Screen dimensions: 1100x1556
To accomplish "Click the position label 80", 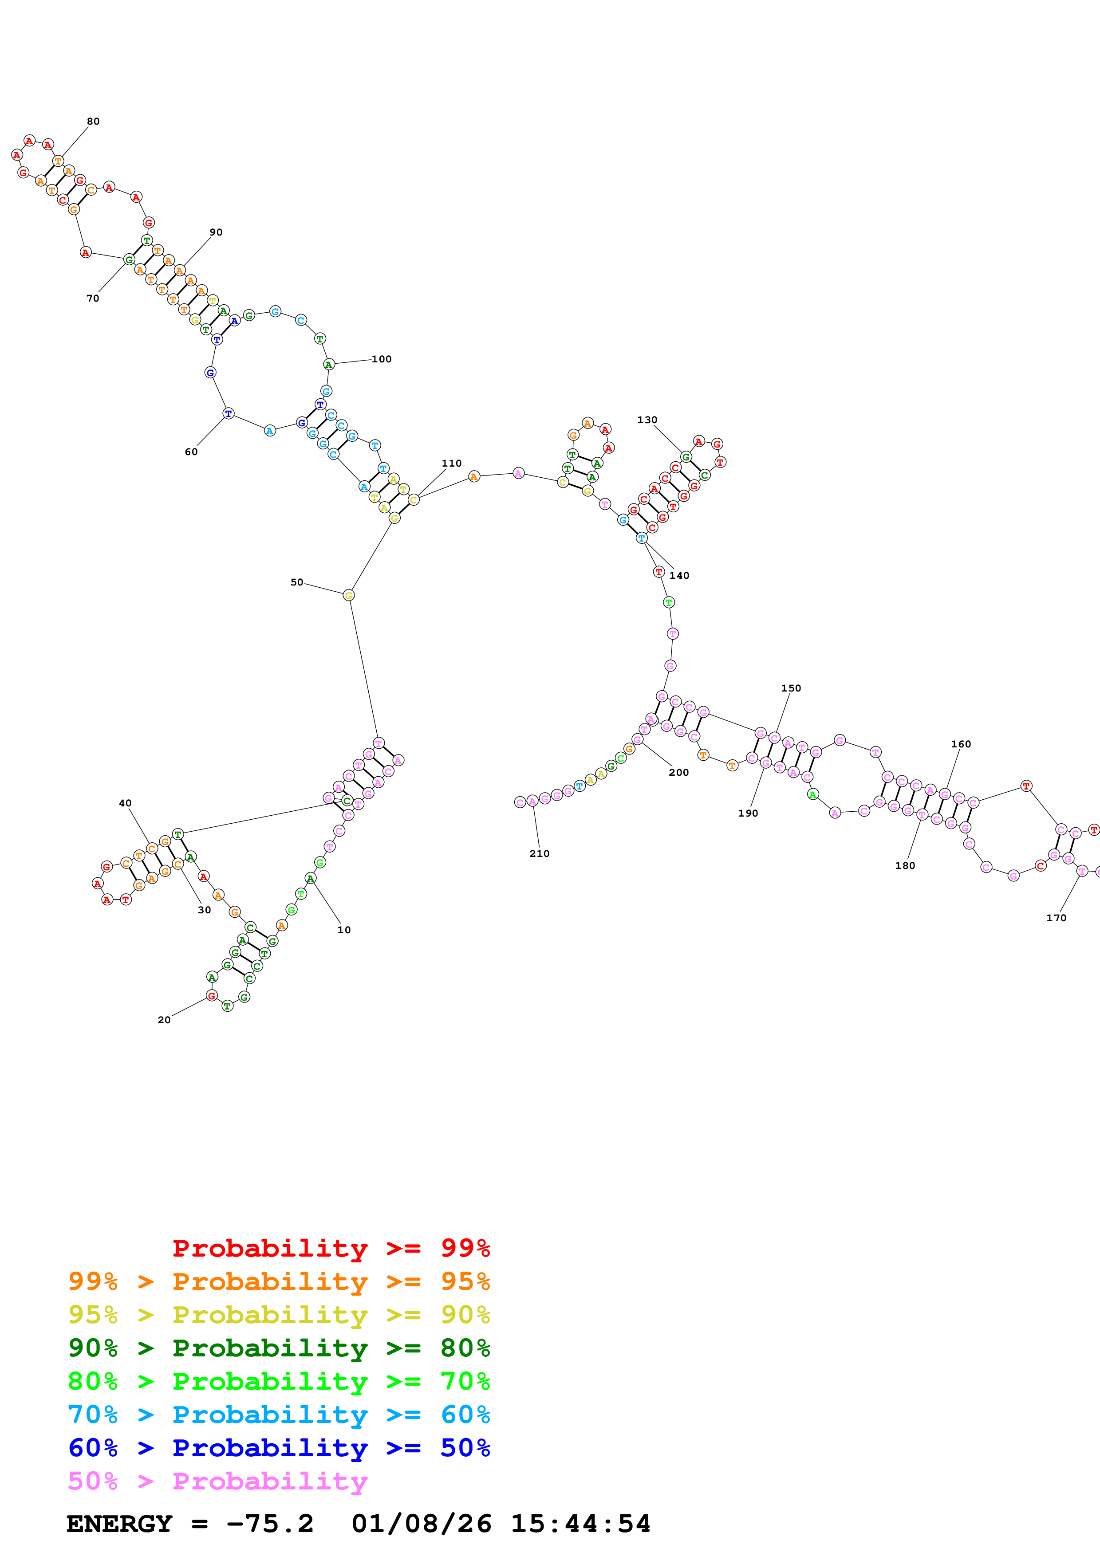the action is coord(93,121).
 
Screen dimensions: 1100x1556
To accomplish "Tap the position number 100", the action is coord(382,359).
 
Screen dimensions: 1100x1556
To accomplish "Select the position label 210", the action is coord(540,853).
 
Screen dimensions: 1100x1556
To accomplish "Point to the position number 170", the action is coord(1056,918).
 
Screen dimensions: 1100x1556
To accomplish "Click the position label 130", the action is coord(647,420).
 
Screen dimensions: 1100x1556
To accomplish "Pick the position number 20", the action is coord(164,1020).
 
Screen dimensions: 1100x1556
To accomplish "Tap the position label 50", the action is coord(297,582).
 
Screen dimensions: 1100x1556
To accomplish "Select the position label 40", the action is coord(126,803).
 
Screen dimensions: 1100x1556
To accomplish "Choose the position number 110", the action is coord(451,464).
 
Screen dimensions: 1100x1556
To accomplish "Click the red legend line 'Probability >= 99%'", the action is coord(331,1248).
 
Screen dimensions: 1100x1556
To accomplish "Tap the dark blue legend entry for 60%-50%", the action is coord(279,1448).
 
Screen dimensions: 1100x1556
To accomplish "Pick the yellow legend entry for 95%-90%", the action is coord(279,1315).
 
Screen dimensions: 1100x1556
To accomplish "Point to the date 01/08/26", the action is coord(421,1524).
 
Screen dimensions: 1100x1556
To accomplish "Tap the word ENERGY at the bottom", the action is coord(119,1524).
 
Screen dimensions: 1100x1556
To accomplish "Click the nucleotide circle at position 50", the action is coord(348,595).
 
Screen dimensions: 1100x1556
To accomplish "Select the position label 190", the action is coord(748,813).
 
